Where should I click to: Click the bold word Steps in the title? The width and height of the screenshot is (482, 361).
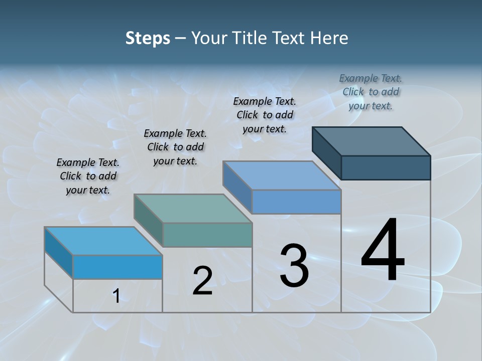coord(147,38)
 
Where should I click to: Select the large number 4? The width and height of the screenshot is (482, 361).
coord(383,251)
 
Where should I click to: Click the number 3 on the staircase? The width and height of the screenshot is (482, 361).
coord(294,266)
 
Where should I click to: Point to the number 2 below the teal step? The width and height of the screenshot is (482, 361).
coord(202,281)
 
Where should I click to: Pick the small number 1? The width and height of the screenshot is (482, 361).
coord(116,296)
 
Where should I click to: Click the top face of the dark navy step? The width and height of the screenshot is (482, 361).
coord(372,141)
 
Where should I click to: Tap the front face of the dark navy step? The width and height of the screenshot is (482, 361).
coord(386,167)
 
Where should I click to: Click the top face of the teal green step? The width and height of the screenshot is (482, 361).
coord(193,208)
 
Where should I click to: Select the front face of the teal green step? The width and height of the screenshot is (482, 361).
coord(207,235)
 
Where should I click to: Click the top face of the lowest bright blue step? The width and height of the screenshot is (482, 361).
coord(103,241)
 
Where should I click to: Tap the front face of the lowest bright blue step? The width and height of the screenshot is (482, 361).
coord(117,267)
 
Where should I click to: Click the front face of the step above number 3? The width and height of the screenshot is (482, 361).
coord(296,202)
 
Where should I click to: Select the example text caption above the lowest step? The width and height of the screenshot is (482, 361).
coord(88,176)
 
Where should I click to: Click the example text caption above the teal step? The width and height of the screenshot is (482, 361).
coord(175,147)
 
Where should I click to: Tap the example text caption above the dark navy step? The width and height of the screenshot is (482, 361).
coord(371,92)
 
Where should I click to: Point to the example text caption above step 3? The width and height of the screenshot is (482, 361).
coord(265,115)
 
